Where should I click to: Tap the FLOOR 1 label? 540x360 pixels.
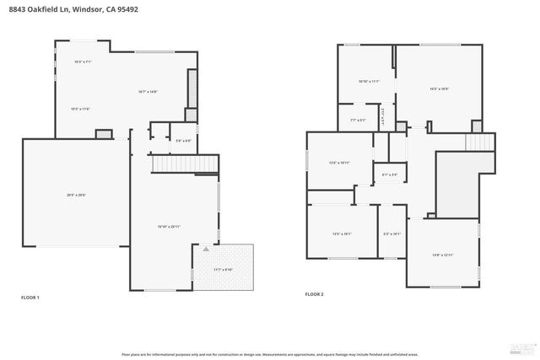point(30,298)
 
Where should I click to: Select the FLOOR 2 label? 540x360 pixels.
point(314,294)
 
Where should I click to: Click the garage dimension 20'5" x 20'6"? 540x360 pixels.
point(76,195)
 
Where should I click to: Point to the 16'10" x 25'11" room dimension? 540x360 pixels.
point(169,227)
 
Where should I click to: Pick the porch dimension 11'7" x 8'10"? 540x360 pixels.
point(223,270)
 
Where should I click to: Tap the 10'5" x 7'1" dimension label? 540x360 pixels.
point(83,62)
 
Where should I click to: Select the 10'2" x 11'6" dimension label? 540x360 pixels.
point(80,109)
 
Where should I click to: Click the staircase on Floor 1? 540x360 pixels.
point(184,163)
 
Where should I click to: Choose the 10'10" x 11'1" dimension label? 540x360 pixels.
point(369,82)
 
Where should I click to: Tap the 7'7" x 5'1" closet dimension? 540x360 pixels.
point(358,121)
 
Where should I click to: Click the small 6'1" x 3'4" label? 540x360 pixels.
point(389,175)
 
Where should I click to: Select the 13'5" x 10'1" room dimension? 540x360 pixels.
point(343,234)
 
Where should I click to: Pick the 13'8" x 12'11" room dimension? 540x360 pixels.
point(443,255)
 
